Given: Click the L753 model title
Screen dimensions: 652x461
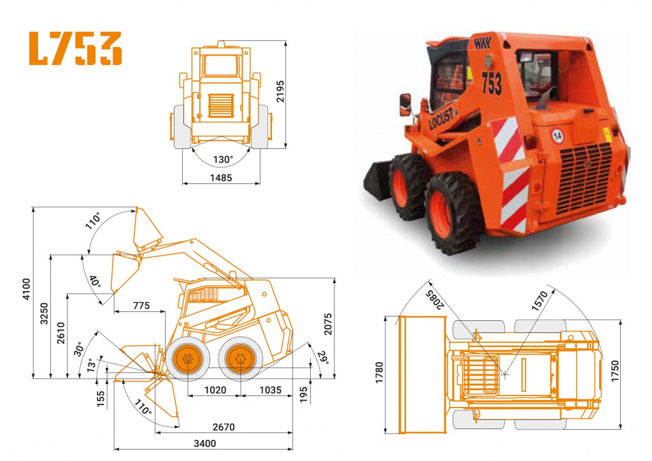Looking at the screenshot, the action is click(x=75, y=48).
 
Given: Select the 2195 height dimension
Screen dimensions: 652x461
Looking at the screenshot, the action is click(x=280, y=91).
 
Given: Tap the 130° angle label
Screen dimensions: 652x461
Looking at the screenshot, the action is click(x=223, y=159).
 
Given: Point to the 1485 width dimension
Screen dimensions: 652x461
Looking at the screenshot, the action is click(x=221, y=178).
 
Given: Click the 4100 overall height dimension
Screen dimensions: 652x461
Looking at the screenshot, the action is click(x=26, y=289).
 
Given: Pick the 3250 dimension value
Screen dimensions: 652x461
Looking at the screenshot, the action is click(x=44, y=314).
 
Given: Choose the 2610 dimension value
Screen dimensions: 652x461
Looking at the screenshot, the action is click(x=60, y=332).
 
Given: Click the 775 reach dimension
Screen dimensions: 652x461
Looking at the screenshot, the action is click(x=141, y=306).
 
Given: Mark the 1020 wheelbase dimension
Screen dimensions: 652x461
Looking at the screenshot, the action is click(x=215, y=390).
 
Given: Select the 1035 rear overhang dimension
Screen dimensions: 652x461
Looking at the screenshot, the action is click(x=270, y=390).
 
